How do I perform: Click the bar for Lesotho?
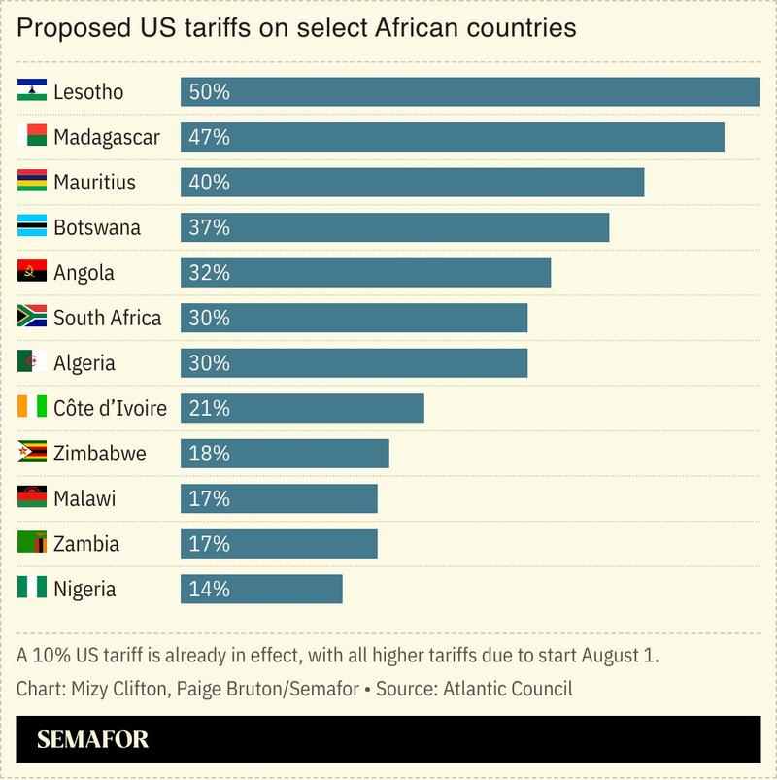click(469, 92)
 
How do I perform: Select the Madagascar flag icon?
click(32, 137)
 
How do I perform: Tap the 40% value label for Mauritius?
click(209, 183)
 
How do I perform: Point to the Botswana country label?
click(96, 227)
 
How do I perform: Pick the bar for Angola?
click(365, 273)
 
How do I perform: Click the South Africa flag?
click(32, 318)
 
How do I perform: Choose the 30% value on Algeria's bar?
click(209, 363)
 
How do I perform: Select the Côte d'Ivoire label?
click(110, 408)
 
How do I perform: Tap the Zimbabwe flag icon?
click(32, 453)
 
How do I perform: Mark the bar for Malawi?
click(279, 498)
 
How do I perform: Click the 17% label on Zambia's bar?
click(209, 544)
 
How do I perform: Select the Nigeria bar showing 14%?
click(261, 589)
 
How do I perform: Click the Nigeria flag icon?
click(32, 589)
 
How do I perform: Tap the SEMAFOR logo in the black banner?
click(93, 739)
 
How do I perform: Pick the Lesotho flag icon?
click(32, 92)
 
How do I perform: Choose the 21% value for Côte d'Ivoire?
click(209, 408)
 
